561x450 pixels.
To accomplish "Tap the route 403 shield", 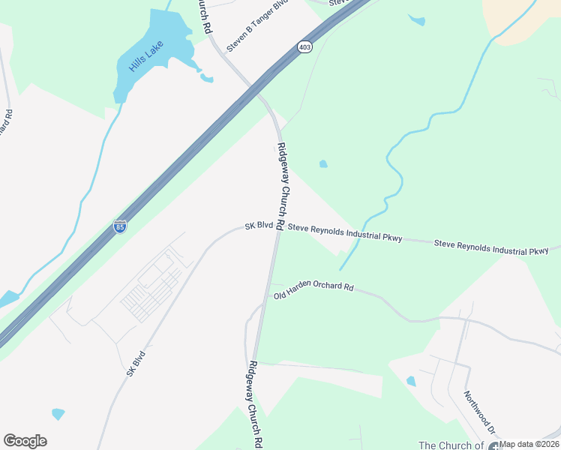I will coord(304,47).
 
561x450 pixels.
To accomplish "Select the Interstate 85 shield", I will coord(120,226).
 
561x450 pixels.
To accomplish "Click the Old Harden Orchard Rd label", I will coord(313,290).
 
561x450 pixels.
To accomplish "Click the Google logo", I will coord(25,441).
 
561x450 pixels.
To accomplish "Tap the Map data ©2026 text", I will coord(529,445).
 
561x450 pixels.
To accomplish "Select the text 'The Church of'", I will coord(451,445).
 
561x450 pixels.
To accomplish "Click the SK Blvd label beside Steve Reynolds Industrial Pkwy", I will coord(259,226).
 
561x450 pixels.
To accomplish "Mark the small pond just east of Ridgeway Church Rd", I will coord(323,163).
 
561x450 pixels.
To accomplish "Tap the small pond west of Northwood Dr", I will coord(411,381).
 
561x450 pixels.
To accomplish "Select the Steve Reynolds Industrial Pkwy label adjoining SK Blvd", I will coord(346,232).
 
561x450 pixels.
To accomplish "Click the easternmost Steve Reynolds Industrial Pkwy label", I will coord(491,247).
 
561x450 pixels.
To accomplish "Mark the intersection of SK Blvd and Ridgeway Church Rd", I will coord(277,227).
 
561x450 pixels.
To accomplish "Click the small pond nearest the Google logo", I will coord(58,413).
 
